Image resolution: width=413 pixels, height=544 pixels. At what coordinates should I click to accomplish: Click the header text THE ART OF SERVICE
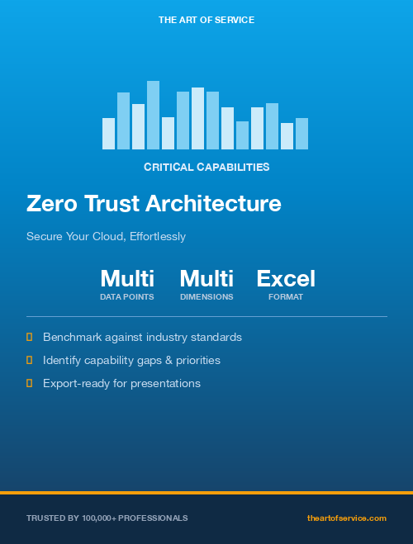[206, 19]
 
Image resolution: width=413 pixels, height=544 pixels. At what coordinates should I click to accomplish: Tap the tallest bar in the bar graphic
[153, 116]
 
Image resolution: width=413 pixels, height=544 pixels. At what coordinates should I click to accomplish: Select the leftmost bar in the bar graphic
[108, 134]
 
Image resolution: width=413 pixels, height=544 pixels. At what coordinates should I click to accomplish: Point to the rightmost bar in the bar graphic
[301, 134]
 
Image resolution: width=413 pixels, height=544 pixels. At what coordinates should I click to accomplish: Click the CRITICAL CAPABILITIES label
[206, 167]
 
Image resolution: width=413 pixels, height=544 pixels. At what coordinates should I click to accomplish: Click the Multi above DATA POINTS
[127, 278]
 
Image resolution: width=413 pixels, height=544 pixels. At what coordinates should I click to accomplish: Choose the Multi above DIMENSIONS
[206, 278]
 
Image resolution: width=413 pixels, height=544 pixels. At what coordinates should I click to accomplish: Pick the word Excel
[286, 278]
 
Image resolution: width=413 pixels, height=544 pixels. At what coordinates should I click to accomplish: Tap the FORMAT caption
[286, 296]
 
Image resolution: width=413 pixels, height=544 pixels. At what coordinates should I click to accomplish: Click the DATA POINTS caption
[127, 296]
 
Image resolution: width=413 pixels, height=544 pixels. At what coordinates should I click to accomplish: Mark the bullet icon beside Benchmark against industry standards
[30, 337]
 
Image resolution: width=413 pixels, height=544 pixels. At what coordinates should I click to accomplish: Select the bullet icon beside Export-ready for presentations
[30, 383]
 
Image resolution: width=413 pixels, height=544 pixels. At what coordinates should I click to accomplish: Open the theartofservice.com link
[347, 518]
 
